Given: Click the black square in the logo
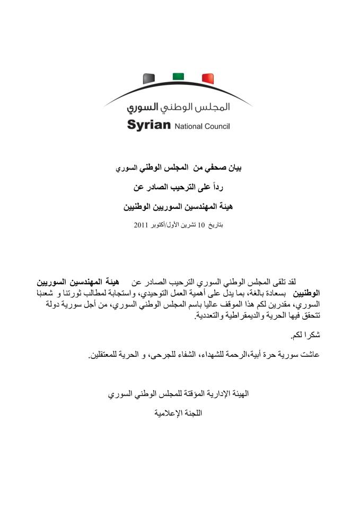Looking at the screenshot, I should pos(149,79).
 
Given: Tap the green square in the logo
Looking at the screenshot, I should pos(178,76).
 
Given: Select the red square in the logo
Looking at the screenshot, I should pos(208,79).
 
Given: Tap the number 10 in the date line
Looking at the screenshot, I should pos(200,225).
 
